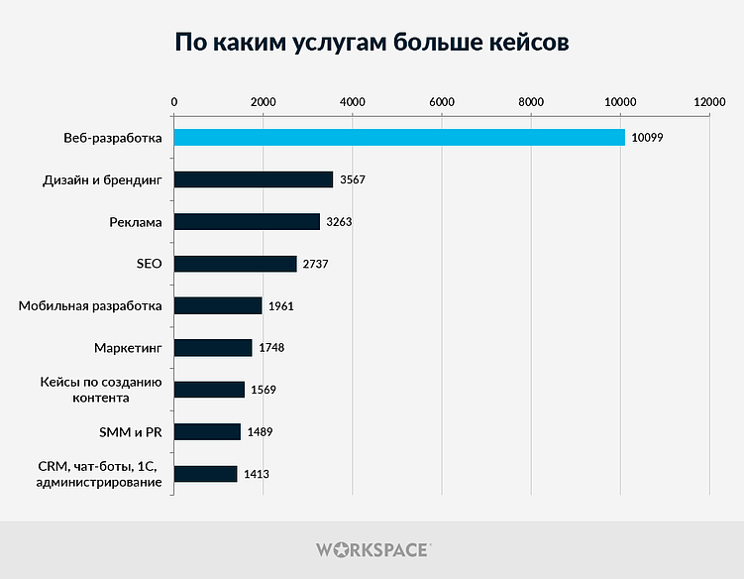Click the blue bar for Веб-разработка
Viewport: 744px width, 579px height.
tap(399, 137)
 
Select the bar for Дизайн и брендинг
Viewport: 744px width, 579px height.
tap(254, 179)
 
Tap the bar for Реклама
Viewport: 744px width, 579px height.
tap(247, 221)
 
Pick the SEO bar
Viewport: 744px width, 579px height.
tap(235, 264)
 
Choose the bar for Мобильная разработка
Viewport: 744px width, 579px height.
tap(218, 305)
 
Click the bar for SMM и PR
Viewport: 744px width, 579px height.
tap(207, 431)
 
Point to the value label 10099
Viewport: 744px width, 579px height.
tap(647, 138)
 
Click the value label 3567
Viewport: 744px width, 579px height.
tap(353, 179)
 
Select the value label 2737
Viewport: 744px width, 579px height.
tap(316, 264)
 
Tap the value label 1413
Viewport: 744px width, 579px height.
tap(257, 474)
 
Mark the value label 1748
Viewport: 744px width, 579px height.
tap(271, 348)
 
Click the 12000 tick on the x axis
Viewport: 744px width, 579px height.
tap(709, 102)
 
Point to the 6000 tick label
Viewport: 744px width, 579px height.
tap(442, 102)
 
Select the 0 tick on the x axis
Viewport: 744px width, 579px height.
tap(174, 102)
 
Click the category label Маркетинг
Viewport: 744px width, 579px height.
tap(128, 348)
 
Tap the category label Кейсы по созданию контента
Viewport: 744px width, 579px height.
tap(100, 390)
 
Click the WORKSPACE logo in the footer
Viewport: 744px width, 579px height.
tap(372, 549)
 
